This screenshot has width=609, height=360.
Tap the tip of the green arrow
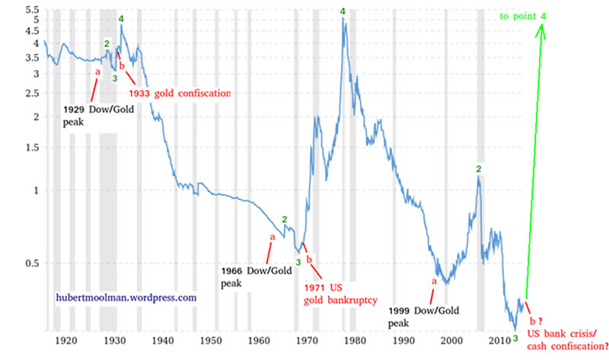click(x=543, y=25)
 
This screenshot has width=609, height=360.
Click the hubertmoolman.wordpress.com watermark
click(x=126, y=298)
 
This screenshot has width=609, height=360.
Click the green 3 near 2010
click(x=515, y=336)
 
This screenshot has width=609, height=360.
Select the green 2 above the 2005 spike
click(x=478, y=168)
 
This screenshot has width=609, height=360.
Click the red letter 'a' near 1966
click(x=272, y=237)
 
